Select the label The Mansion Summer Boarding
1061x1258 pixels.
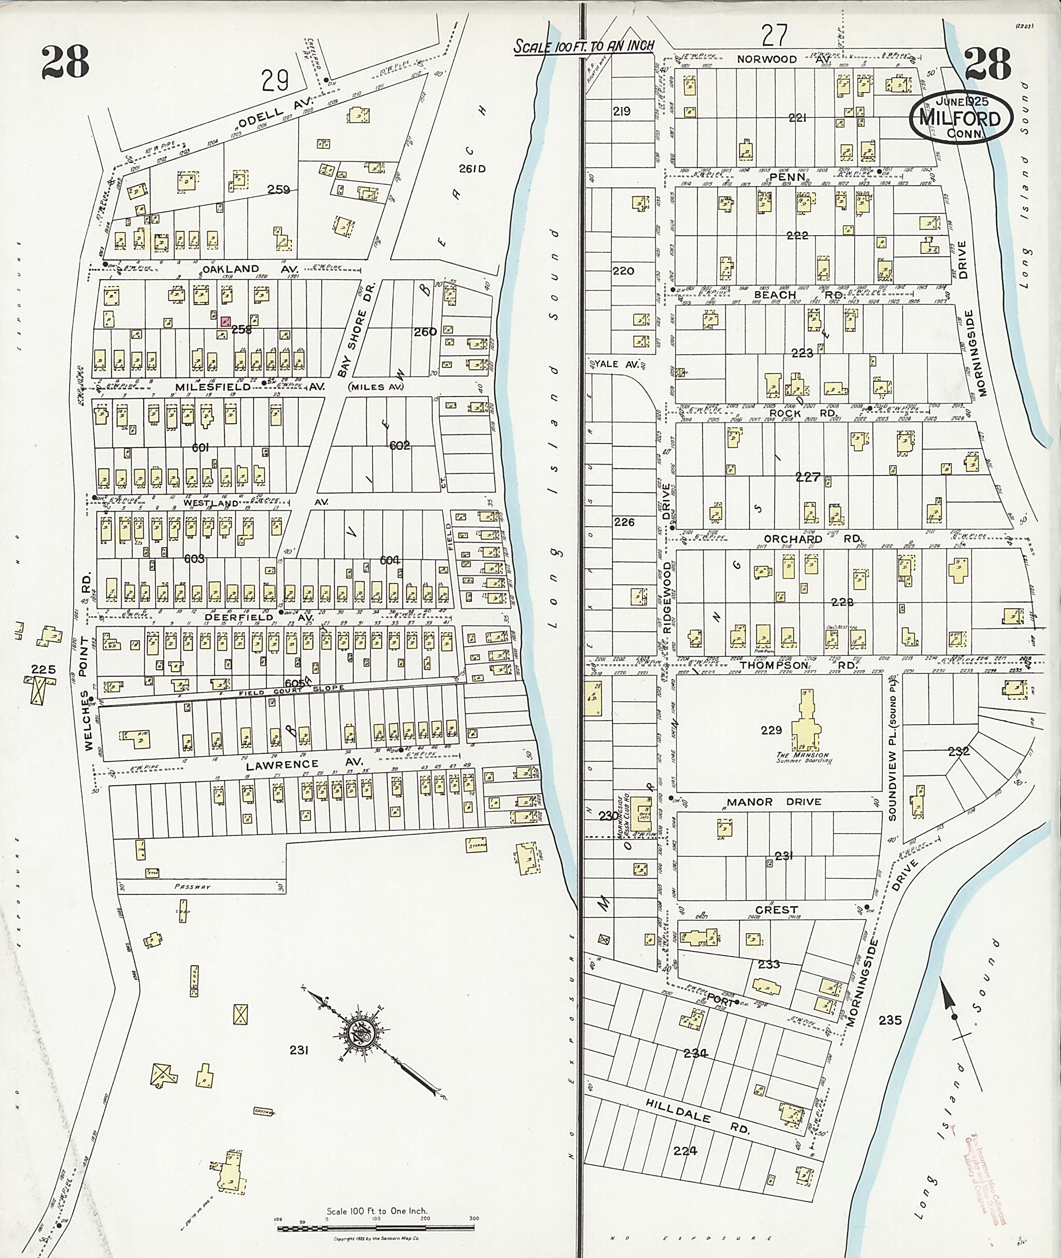tap(803, 758)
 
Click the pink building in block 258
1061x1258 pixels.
tap(225, 322)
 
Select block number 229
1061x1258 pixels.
tap(771, 730)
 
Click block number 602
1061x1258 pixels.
tap(399, 445)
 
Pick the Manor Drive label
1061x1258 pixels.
tap(773, 802)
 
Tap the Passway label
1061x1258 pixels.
tap(191, 886)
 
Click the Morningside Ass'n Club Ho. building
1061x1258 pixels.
tap(642, 808)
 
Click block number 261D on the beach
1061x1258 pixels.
tap(471, 169)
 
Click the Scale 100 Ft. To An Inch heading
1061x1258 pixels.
tap(583, 46)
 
